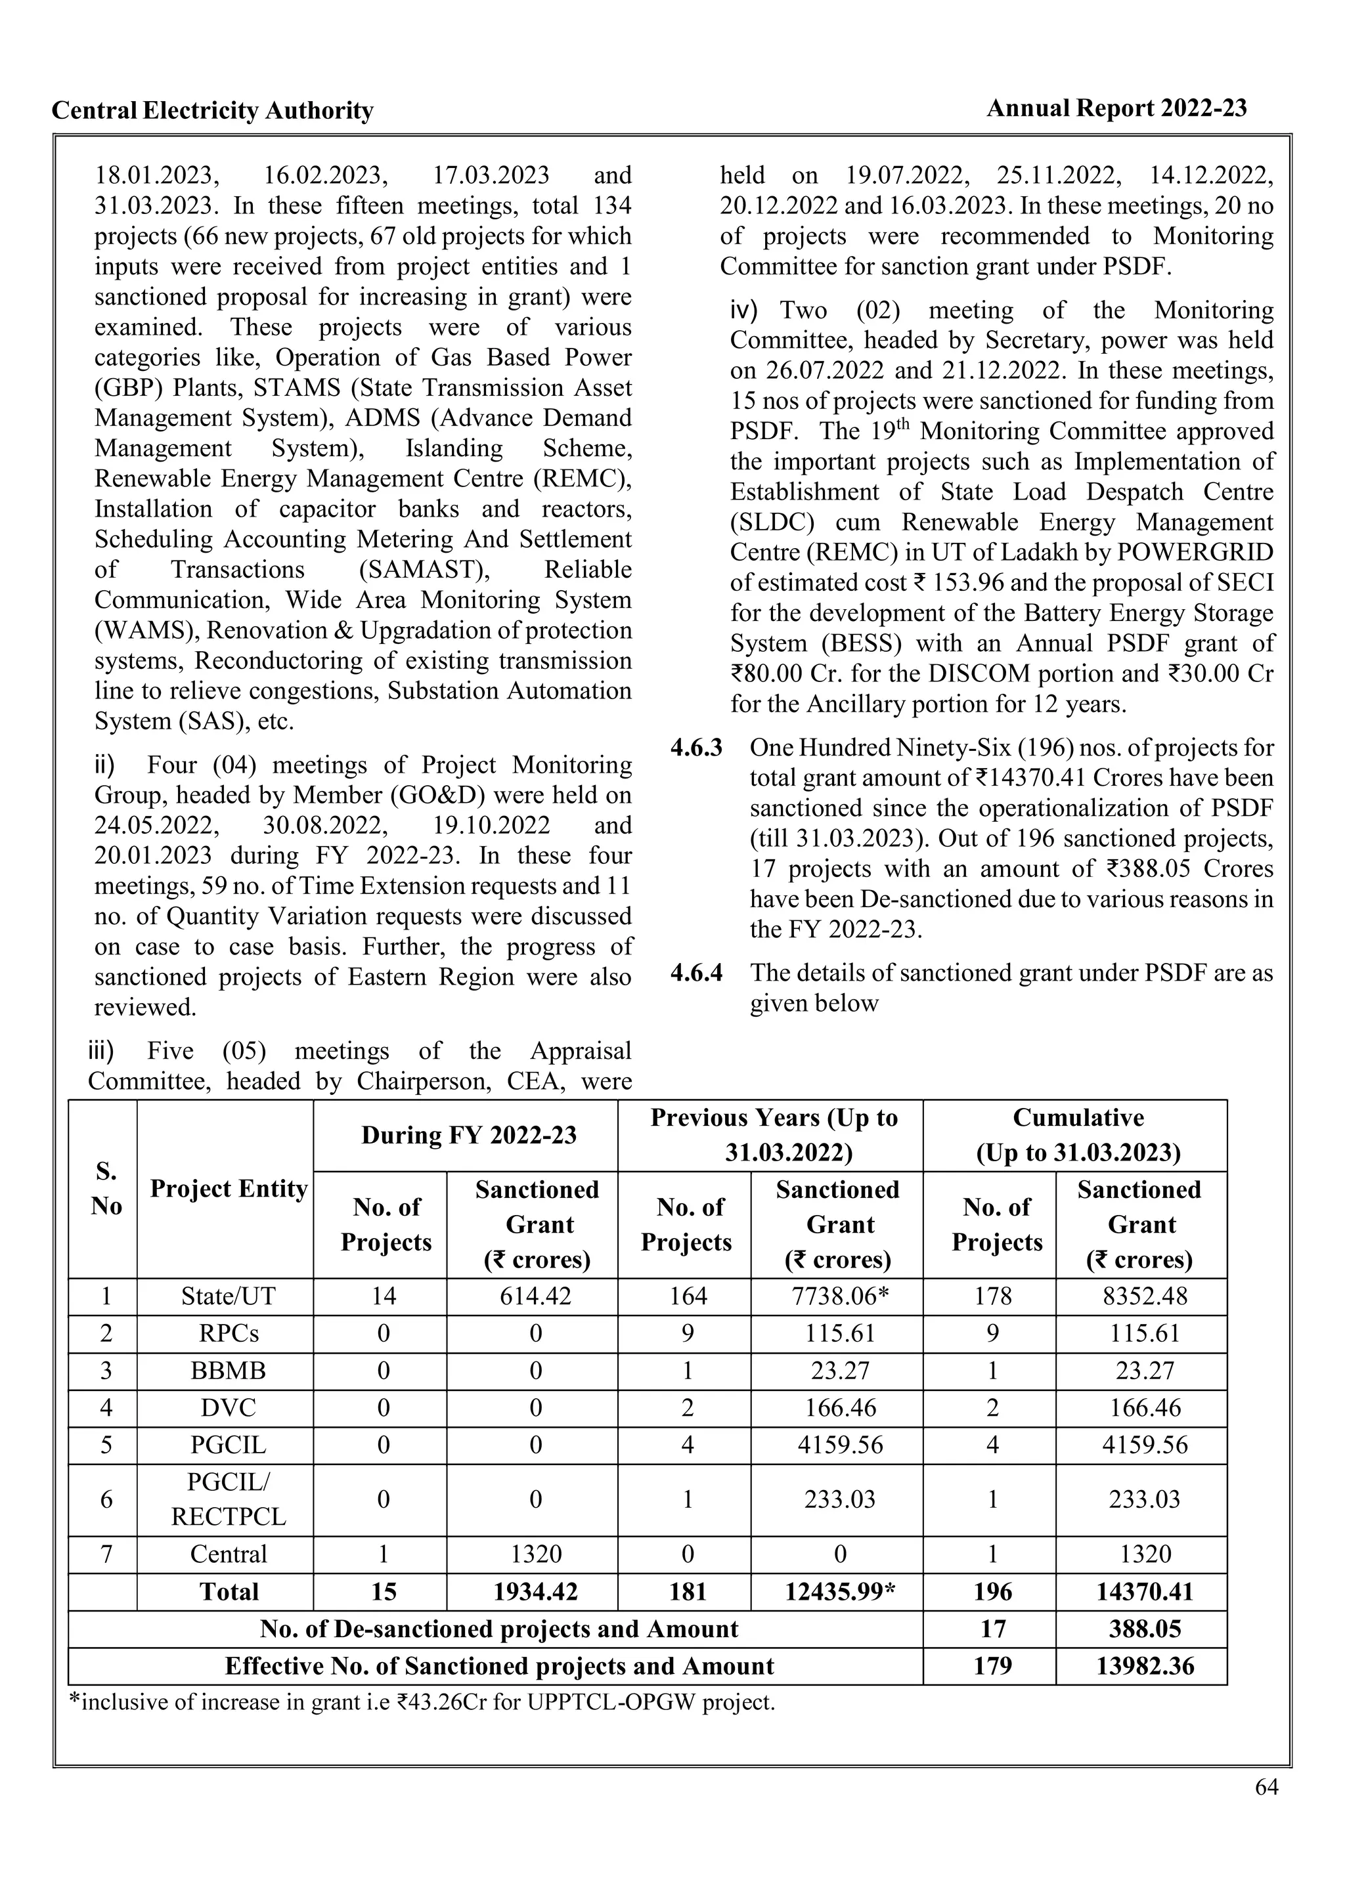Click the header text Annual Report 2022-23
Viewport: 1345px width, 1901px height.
[1116, 108]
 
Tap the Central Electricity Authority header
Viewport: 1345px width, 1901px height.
[213, 110]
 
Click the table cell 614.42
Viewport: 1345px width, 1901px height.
[536, 1296]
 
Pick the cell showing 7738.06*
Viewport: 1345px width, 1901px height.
[840, 1296]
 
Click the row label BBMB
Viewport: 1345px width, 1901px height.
[228, 1370]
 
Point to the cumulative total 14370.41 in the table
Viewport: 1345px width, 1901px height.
[1145, 1591]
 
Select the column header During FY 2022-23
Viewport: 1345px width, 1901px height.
[469, 1135]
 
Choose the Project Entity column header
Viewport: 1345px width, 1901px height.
[229, 1189]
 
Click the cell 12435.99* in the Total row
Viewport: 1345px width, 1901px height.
[840, 1591]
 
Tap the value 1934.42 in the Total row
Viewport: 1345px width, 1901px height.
[536, 1591]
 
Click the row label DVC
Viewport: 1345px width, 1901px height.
[228, 1407]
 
